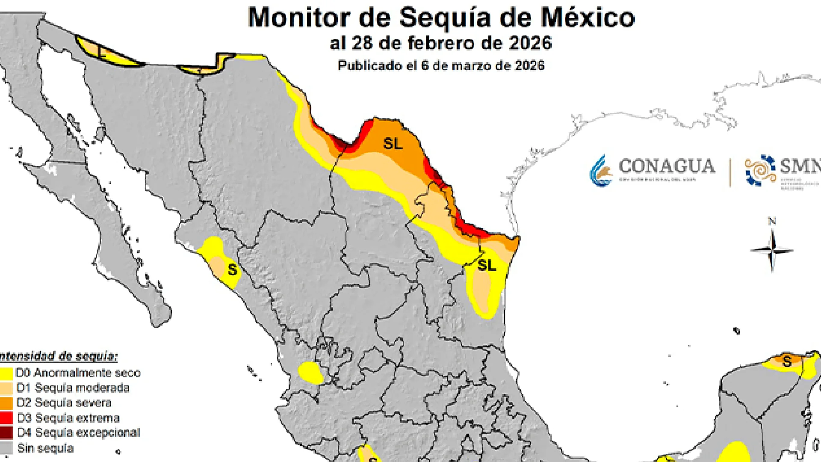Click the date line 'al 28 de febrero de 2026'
coord(441,43)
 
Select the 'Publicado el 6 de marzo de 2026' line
coord(441,65)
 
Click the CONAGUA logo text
coord(666,166)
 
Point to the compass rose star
coord(772,251)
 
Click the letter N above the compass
coord(772,221)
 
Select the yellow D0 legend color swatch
coord(6,373)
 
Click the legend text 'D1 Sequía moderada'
coord(73,388)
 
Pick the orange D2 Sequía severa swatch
coord(6,403)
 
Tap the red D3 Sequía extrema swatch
coord(6,418)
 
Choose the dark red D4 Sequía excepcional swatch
coord(6,433)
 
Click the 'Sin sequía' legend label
coord(45,448)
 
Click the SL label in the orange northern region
coord(393,144)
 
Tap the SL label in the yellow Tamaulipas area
coord(487,265)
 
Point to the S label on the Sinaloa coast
coord(232,270)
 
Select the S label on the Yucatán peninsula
coord(787,362)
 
